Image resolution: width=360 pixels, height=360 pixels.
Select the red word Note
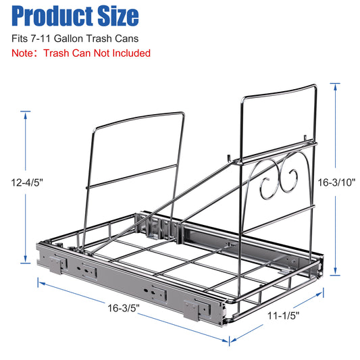(x=22, y=53)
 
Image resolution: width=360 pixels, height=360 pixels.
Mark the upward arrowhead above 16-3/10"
(x=334, y=85)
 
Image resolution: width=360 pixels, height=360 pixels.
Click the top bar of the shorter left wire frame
(x=138, y=118)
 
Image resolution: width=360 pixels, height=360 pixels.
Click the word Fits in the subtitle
(x=20, y=38)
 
